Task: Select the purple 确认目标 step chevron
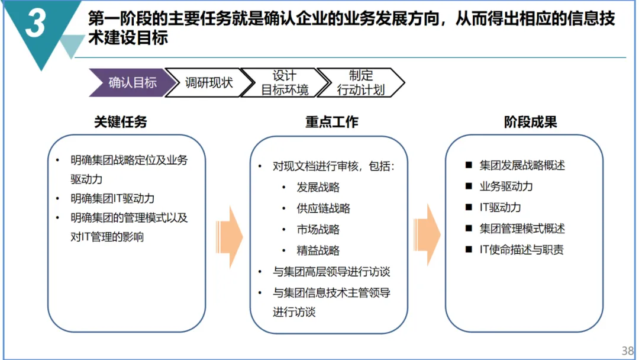point(132,82)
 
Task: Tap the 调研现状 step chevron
point(209,82)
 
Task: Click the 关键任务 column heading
point(121,123)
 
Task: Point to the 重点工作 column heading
point(332,123)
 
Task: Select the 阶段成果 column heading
point(531,123)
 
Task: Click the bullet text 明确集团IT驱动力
point(112,198)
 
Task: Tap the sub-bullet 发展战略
point(318,187)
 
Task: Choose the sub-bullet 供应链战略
point(324,208)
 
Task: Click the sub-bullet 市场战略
point(318,229)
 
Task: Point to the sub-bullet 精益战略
point(318,250)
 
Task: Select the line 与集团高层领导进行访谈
point(331,272)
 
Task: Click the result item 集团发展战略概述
point(522,165)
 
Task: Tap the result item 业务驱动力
point(506,187)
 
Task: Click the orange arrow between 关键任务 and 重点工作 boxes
point(230,233)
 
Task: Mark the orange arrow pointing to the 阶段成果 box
point(427,233)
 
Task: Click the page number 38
point(628,351)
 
